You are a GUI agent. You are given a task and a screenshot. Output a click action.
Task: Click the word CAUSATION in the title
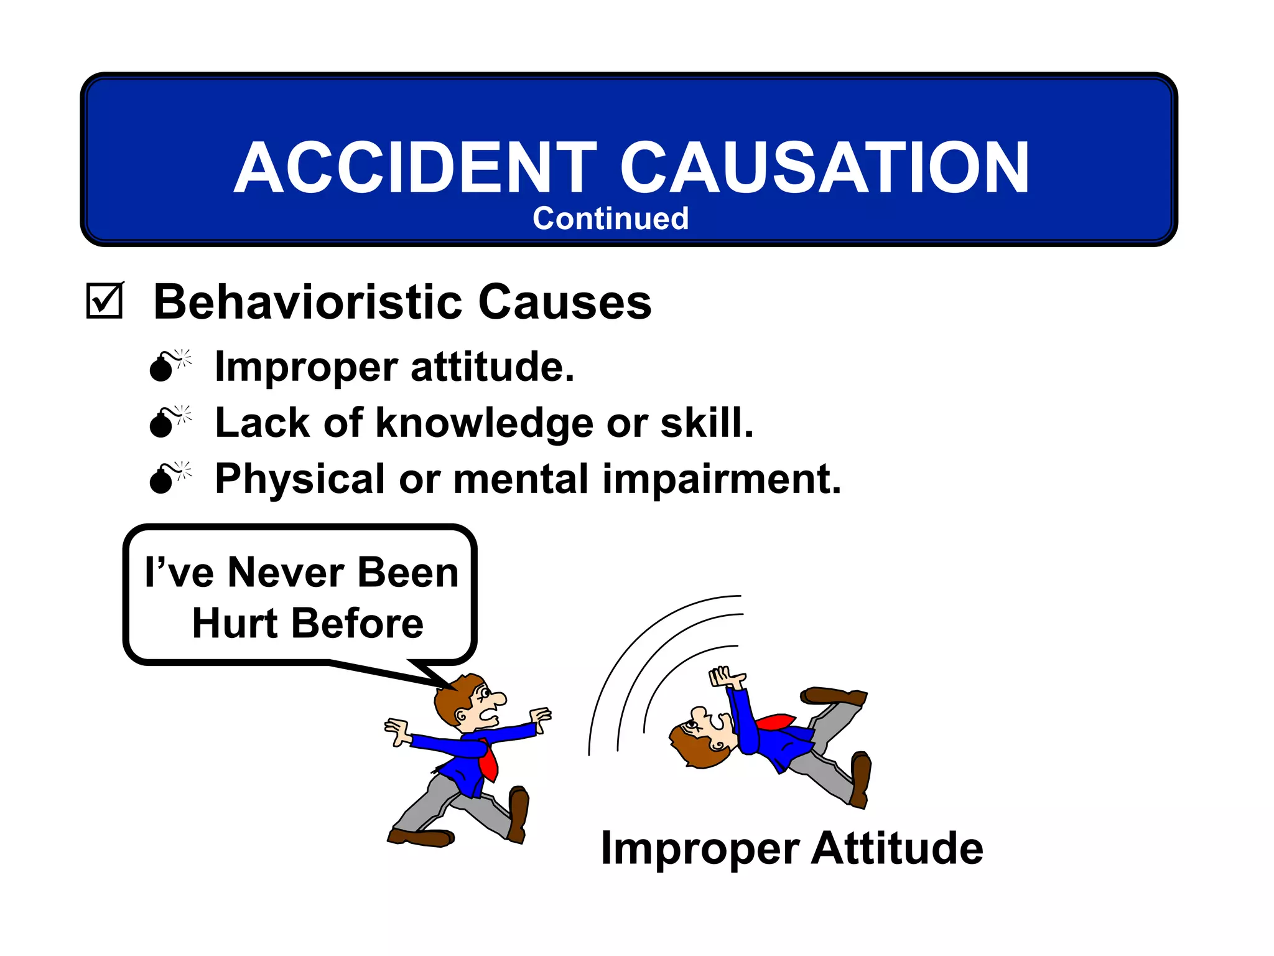point(824,168)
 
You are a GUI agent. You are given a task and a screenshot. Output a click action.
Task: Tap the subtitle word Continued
point(610,219)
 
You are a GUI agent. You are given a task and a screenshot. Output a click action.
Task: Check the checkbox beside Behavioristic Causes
point(104,301)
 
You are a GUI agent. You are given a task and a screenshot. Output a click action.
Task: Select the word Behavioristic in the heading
point(308,302)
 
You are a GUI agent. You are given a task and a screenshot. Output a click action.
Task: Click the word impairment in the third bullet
point(722,479)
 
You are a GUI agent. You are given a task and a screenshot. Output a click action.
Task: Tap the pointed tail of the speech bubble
point(429,675)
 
